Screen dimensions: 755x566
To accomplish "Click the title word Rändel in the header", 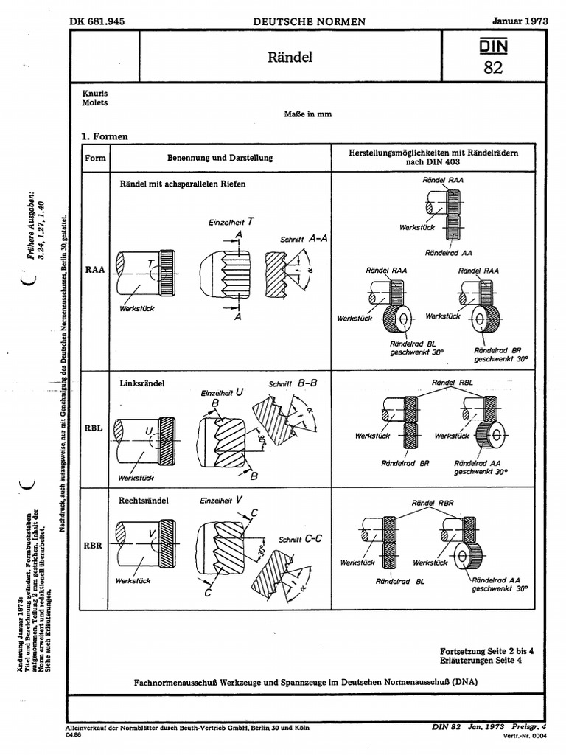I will pos(290,57).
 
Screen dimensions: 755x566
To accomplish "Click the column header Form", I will pos(96,158).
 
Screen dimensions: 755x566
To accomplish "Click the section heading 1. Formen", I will pos(105,136).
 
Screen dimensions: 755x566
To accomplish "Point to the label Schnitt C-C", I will pos(300,539).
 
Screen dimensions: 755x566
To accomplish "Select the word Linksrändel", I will pos(141,384).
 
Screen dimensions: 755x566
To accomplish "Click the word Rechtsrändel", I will pos(144,501).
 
